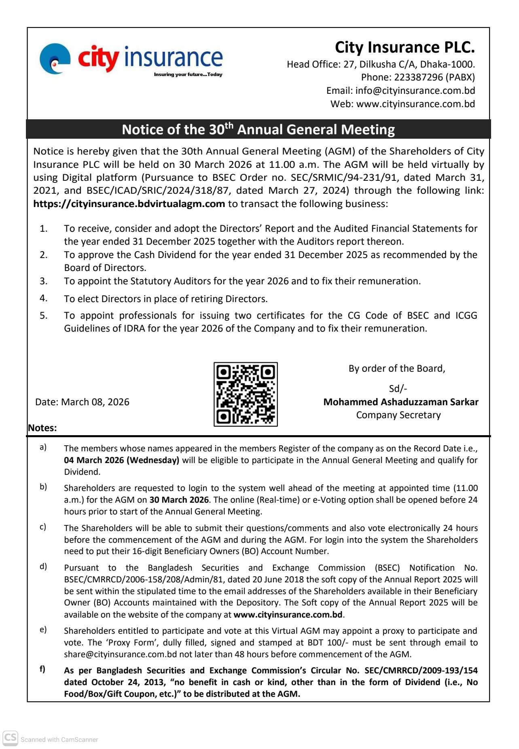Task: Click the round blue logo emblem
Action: pos(55,59)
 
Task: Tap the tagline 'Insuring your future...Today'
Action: pos(188,74)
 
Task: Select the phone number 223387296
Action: pos(418,77)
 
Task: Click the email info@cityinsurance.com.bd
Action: pos(415,91)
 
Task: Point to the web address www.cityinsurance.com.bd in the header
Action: pos(415,104)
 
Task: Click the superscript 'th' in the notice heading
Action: pos(229,125)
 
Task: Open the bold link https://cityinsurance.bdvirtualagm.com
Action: pos(129,204)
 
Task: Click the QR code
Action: pos(246,394)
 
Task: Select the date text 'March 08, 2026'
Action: pos(95,402)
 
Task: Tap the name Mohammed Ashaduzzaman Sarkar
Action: pos(400,402)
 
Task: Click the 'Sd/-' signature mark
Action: pos(398,389)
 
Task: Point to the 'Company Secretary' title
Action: pos(398,415)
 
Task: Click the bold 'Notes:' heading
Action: pos(42,428)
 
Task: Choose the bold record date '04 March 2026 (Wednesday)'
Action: pos(121,460)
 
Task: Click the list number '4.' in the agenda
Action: pos(44,298)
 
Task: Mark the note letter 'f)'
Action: pos(42,669)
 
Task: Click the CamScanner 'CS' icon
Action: pos(10,738)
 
